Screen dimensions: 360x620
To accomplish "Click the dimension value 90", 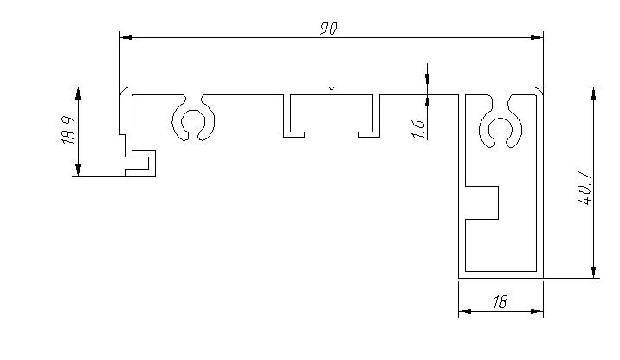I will coord(327,29).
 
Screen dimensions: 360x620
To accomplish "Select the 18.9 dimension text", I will coord(70,130).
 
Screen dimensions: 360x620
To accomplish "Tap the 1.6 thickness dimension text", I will coord(418,128).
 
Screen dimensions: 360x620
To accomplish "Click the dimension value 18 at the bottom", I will coord(500,302).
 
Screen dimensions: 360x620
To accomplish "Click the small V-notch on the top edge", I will coord(333,87).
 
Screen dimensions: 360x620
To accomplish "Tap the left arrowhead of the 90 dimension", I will coord(126,38).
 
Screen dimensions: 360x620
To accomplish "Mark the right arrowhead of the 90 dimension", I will coord(537,38).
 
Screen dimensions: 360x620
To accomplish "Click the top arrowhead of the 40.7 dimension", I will coord(594,93).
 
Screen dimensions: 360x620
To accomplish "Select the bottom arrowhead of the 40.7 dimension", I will coord(594,273).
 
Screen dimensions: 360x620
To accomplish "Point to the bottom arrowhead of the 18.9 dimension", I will coord(79,170).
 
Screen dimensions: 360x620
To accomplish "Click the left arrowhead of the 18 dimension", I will coord(464,312).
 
